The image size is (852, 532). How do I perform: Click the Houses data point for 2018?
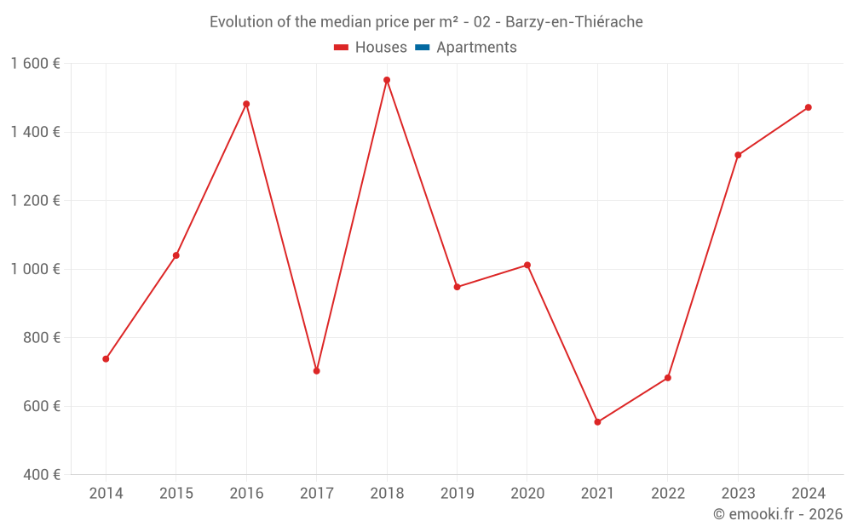point(387,80)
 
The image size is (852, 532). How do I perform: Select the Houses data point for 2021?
point(597,422)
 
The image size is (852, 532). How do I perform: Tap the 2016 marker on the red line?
point(246,104)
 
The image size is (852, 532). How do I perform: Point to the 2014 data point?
point(106,359)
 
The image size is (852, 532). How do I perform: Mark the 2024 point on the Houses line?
point(808,107)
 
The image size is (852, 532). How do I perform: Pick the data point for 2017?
point(316,371)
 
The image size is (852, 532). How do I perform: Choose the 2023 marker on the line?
point(738,155)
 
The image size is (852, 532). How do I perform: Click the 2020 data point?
point(527,265)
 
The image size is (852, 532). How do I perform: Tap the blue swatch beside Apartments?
point(422,48)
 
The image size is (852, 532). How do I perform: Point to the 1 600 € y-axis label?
point(35,64)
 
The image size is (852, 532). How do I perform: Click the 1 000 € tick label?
point(35,269)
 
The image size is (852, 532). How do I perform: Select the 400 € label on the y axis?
point(40,474)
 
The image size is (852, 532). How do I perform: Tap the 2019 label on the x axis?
point(457,494)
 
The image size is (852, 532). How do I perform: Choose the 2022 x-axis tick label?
point(667,494)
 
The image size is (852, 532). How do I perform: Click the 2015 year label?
point(176,494)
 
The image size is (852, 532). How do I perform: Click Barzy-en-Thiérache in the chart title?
point(574,22)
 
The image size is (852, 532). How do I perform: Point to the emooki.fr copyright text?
point(778,514)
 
